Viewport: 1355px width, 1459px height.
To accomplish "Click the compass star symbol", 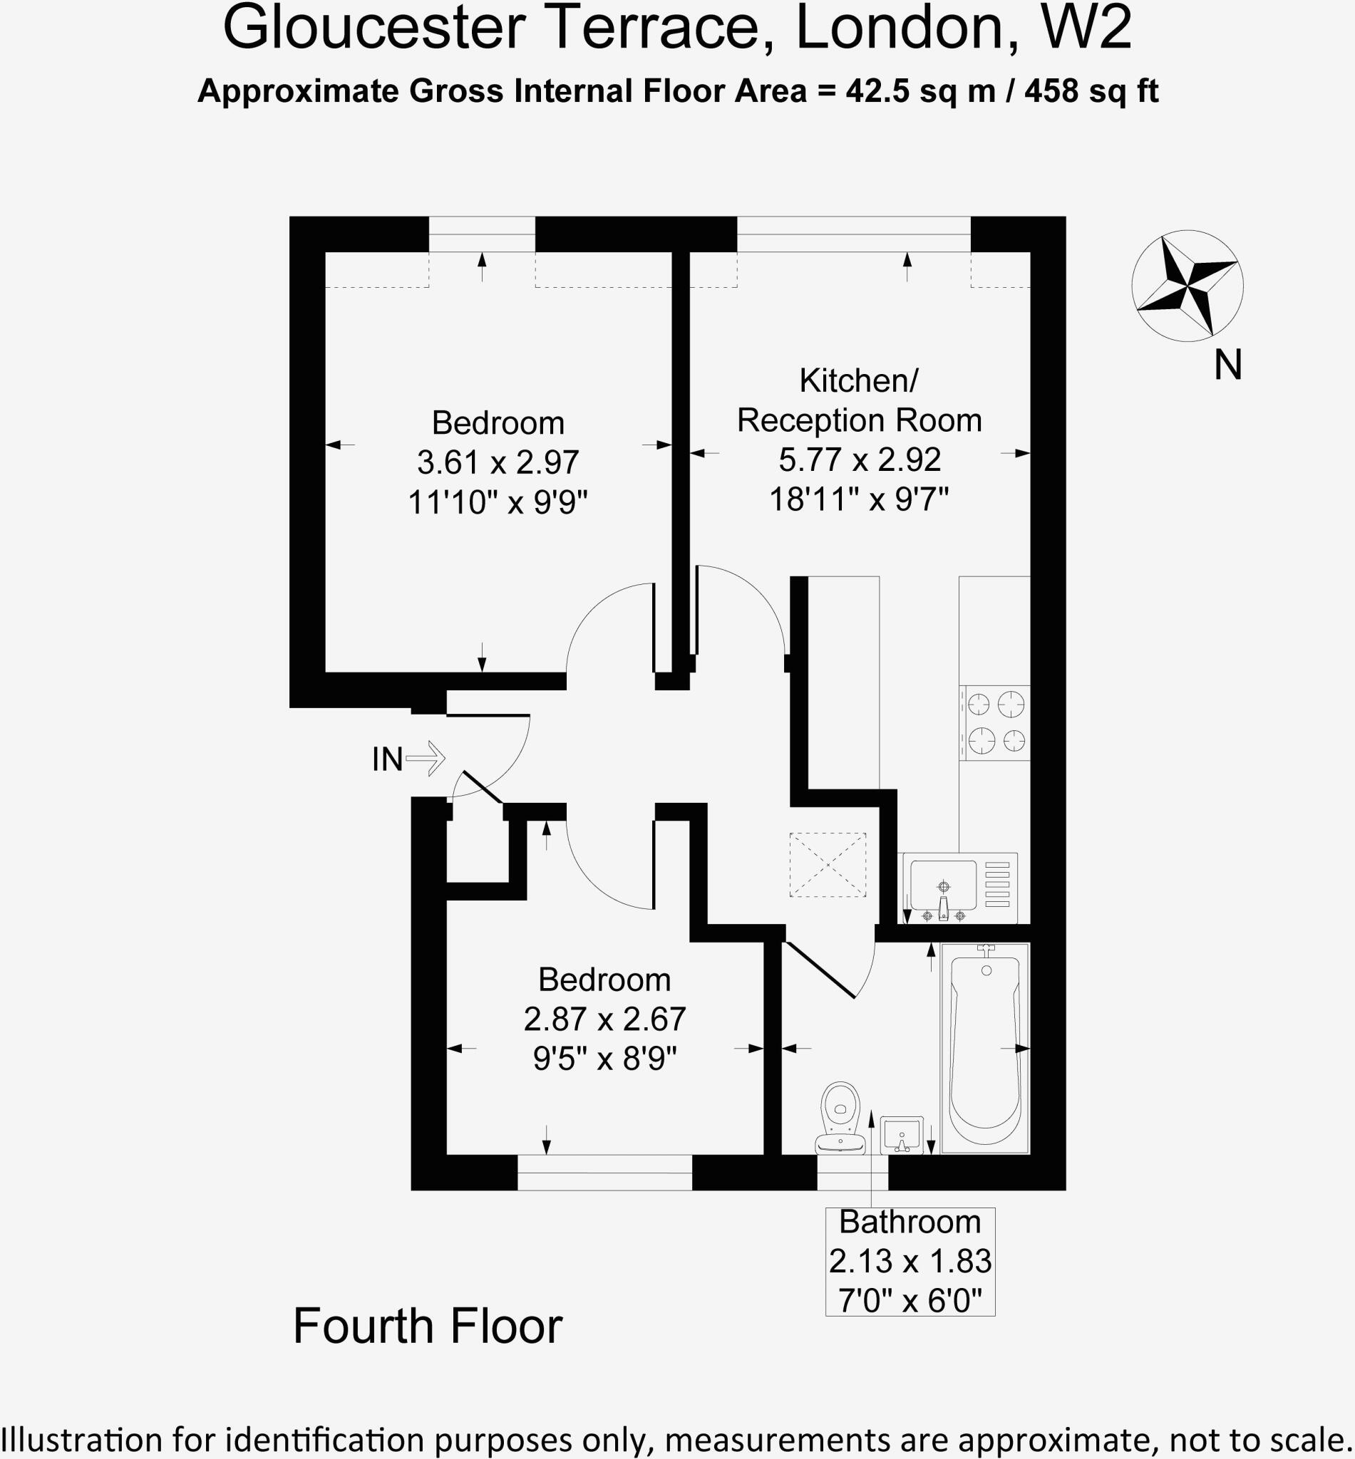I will (1187, 285).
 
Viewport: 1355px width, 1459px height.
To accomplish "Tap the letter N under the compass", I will (1227, 365).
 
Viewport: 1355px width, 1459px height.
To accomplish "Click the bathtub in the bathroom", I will (985, 1049).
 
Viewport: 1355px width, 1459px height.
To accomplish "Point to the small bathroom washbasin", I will (900, 1135).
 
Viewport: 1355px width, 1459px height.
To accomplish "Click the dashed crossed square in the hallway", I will (827, 865).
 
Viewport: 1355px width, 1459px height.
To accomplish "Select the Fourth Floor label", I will (428, 1326).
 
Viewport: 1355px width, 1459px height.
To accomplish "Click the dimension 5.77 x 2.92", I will (860, 459).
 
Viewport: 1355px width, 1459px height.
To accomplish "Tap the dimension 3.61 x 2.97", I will (498, 462).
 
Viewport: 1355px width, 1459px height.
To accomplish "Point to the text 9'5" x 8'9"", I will (604, 1058).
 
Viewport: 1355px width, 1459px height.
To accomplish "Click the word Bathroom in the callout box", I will (910, 1222).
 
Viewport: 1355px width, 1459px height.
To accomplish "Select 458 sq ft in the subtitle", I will (1091, 92).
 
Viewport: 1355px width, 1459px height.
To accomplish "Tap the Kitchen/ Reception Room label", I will (859, 400).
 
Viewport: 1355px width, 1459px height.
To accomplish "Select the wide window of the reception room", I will (853, 234).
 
